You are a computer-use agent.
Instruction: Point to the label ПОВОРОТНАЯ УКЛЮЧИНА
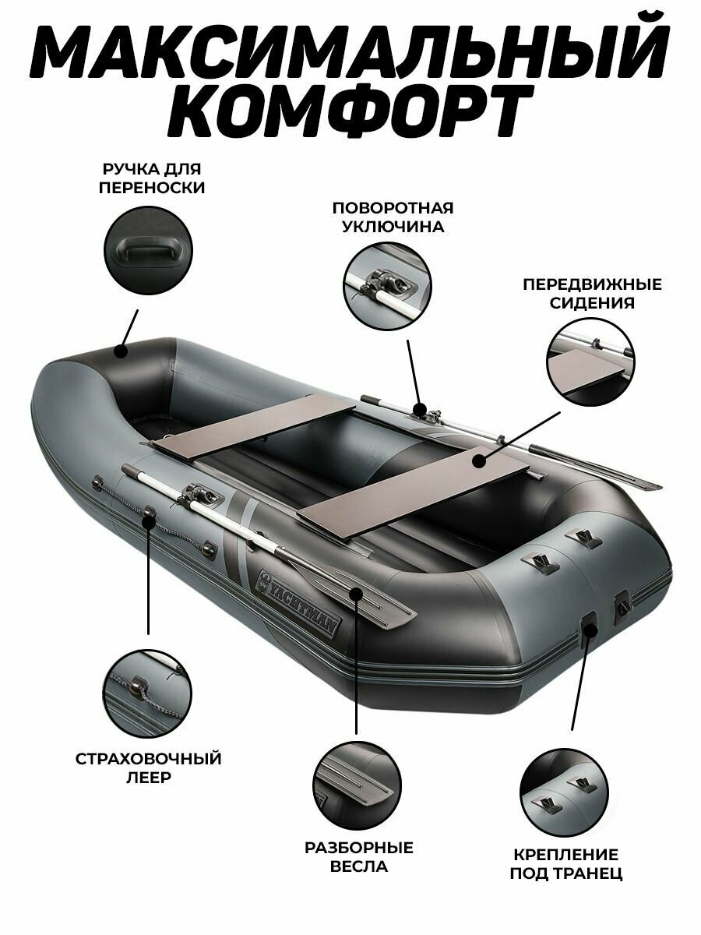(393, 217)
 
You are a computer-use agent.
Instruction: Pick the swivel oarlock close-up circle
(386, 285)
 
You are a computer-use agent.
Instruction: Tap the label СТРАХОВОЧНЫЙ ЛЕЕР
(148, 768)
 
